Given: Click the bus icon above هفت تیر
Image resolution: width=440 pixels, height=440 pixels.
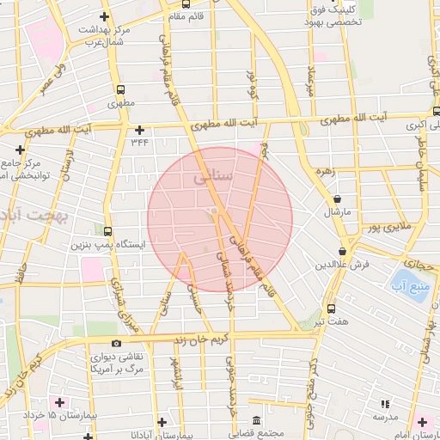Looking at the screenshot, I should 332,309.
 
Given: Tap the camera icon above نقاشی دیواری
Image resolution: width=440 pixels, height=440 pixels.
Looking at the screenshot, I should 117,344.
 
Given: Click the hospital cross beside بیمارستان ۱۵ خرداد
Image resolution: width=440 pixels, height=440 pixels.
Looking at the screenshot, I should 59,402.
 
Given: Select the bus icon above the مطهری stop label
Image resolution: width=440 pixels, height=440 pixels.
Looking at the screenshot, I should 119,89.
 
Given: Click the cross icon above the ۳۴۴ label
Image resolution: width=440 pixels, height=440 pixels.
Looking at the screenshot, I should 139,130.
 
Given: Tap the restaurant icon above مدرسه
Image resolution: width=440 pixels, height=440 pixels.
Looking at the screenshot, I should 384,402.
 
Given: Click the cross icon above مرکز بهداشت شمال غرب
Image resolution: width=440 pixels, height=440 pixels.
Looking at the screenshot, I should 104,16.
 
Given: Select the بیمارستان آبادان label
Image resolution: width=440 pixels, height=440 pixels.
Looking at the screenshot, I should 186,435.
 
